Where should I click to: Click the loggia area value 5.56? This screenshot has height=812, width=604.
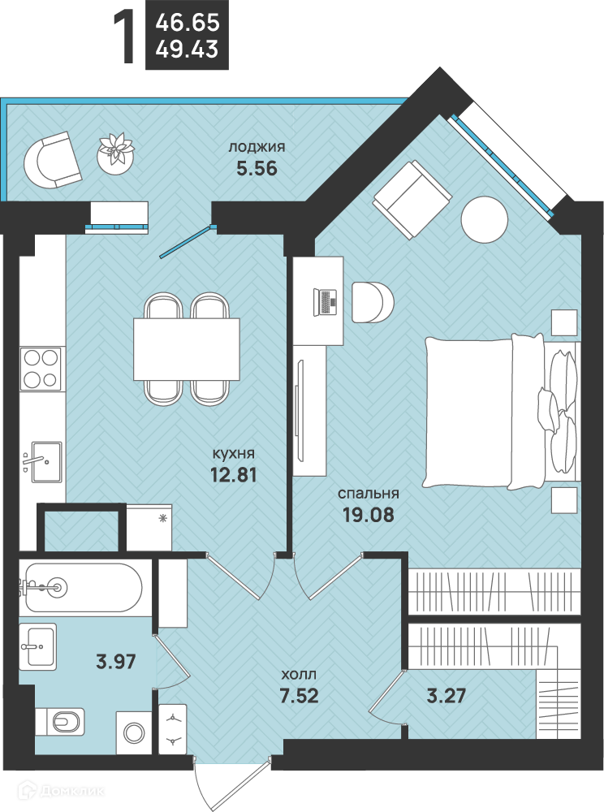pos(257,169)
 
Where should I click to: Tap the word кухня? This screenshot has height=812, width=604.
pos(234,454)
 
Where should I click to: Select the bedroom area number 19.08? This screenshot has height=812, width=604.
pos(368,515)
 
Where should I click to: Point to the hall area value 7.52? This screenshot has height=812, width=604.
pos(299,696)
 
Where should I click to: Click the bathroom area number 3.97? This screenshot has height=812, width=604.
pos(116,661)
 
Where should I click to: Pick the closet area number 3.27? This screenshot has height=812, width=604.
pos(447,696)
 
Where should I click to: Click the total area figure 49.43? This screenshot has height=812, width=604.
pos(187,50)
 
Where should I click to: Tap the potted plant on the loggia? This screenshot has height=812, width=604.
pos(116,153)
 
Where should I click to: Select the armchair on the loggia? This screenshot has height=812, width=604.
pos(52,160)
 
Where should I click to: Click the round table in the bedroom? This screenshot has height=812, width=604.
pos(484,219)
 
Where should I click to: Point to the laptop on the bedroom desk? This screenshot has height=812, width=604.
pos(325,302)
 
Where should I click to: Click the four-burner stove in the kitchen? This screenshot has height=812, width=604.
pos(41,368)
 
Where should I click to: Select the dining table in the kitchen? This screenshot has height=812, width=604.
pos(187,348)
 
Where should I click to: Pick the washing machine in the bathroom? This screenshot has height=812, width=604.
pos(133,732)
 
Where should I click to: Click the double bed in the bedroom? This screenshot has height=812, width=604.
pos(501,412)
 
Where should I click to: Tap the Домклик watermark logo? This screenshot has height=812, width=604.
pos(61,790)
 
